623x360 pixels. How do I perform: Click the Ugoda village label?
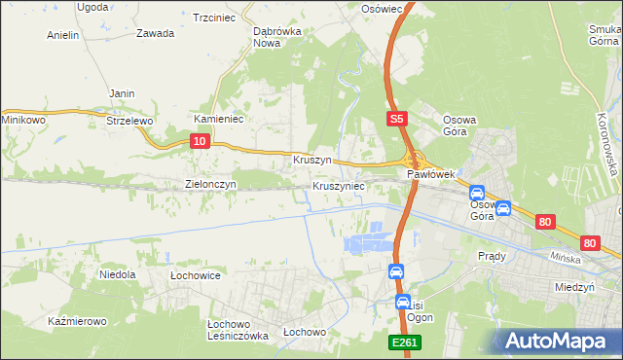pos(92,7)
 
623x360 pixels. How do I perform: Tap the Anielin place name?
pos(63,35)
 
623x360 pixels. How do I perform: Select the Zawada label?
pos(156,33)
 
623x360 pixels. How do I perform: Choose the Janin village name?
pos(122,93)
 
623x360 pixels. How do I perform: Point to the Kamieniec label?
pos(218,119)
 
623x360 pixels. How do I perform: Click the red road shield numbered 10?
pos(199,142)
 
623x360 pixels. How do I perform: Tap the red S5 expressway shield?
pos(395,119)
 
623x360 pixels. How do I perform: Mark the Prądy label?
pos(492,256)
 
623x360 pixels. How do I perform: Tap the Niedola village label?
pos(118,275)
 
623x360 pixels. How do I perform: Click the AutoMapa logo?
pos(556,341)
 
